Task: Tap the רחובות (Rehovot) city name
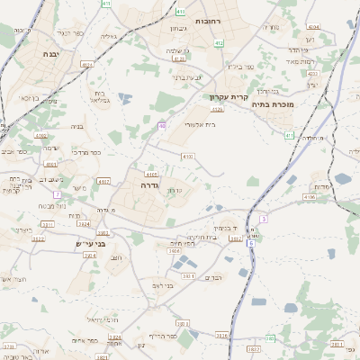click(232, 19)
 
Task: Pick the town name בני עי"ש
click(90, 243)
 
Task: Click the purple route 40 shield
click(163, 125)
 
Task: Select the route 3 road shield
click(264, 219)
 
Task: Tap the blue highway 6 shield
click(251, 243)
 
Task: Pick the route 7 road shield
click(57, 194)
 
